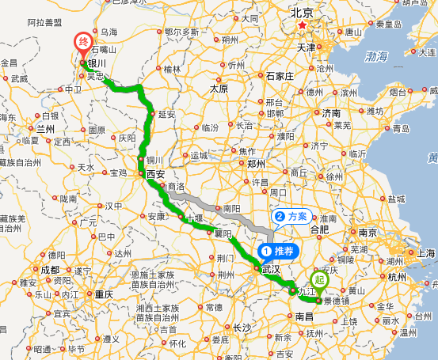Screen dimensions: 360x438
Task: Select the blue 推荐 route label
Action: tap(276, 252)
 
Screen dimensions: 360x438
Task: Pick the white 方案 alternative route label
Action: tap(290, 215)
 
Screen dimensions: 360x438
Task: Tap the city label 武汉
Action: tap(271, 269)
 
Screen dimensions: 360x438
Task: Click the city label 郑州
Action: tap(256, 164)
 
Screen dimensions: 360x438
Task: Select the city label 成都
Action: tap(50, 269)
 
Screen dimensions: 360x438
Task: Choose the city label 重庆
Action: tap(105, 294)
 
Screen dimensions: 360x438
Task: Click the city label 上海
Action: tap(426, 253)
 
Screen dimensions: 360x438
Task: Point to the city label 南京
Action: tap(367, 233)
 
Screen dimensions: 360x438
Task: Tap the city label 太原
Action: tap(219, 89)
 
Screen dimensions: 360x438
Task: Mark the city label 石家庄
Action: tap(280, 76)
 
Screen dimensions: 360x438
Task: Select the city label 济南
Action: tap(331, 113)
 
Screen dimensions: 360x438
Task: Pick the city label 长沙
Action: tap(242, 327)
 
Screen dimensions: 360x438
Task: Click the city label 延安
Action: tap(166, 114)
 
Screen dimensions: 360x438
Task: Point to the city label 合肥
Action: tap(319, 229)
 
